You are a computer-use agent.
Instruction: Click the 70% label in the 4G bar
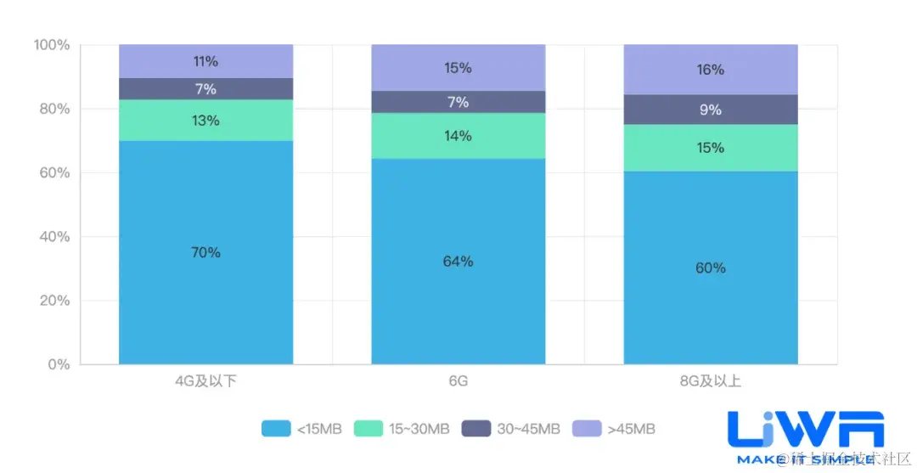[x=205, y=252]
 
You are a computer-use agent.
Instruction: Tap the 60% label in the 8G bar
[x=711, y=267]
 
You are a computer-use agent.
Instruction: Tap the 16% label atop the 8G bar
[x=711, y=70]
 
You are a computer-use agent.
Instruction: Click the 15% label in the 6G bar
[x=458, y=68]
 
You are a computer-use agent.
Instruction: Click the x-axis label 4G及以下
[x=205, y=381]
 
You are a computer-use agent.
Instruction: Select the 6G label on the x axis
[x=458, y=381]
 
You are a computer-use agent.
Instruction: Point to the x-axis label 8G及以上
[x=711, y=381]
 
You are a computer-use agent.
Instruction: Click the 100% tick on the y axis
[x=52, y=45]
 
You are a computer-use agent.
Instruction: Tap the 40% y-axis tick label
[x=55, y=237]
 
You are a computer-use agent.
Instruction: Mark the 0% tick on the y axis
[x=59, y=364]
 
